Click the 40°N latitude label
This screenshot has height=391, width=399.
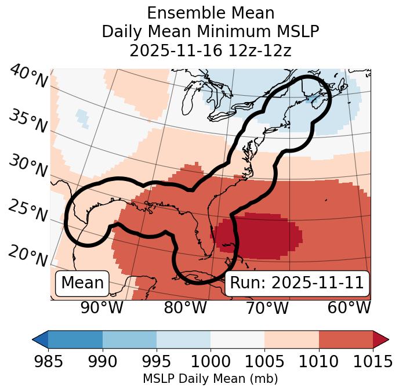pos(28,77)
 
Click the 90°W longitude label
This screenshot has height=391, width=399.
pos(101,307)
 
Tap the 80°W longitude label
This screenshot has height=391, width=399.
pos(185,307)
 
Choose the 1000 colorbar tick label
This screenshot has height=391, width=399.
pos(210,361)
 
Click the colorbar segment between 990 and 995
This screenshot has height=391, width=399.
pos(129,339)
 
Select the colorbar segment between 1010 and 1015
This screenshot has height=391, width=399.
pos(346,339)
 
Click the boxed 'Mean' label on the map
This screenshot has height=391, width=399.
pos(82,283)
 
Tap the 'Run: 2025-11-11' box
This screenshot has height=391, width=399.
pos(296,283)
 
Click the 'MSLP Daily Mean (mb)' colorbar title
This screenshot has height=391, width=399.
pos(210,379)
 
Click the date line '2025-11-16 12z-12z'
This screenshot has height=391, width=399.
pos(210,50)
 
